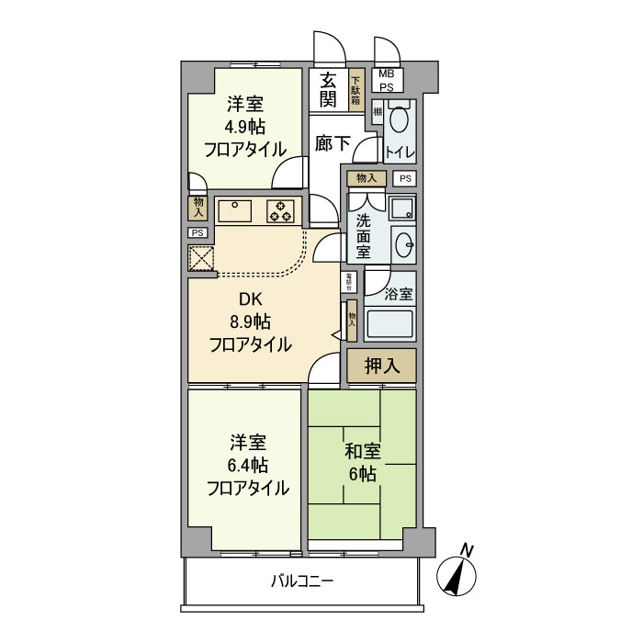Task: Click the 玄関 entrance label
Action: pos(328,89)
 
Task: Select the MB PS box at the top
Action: pos(387,80)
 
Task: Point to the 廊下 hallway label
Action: pos(331,143)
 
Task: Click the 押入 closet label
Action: pos(381,366)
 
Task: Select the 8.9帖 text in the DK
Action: pos(250,321)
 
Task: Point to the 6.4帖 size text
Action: pos(246,464)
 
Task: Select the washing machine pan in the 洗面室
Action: pos(401,209)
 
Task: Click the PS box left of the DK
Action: pos(196,233)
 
